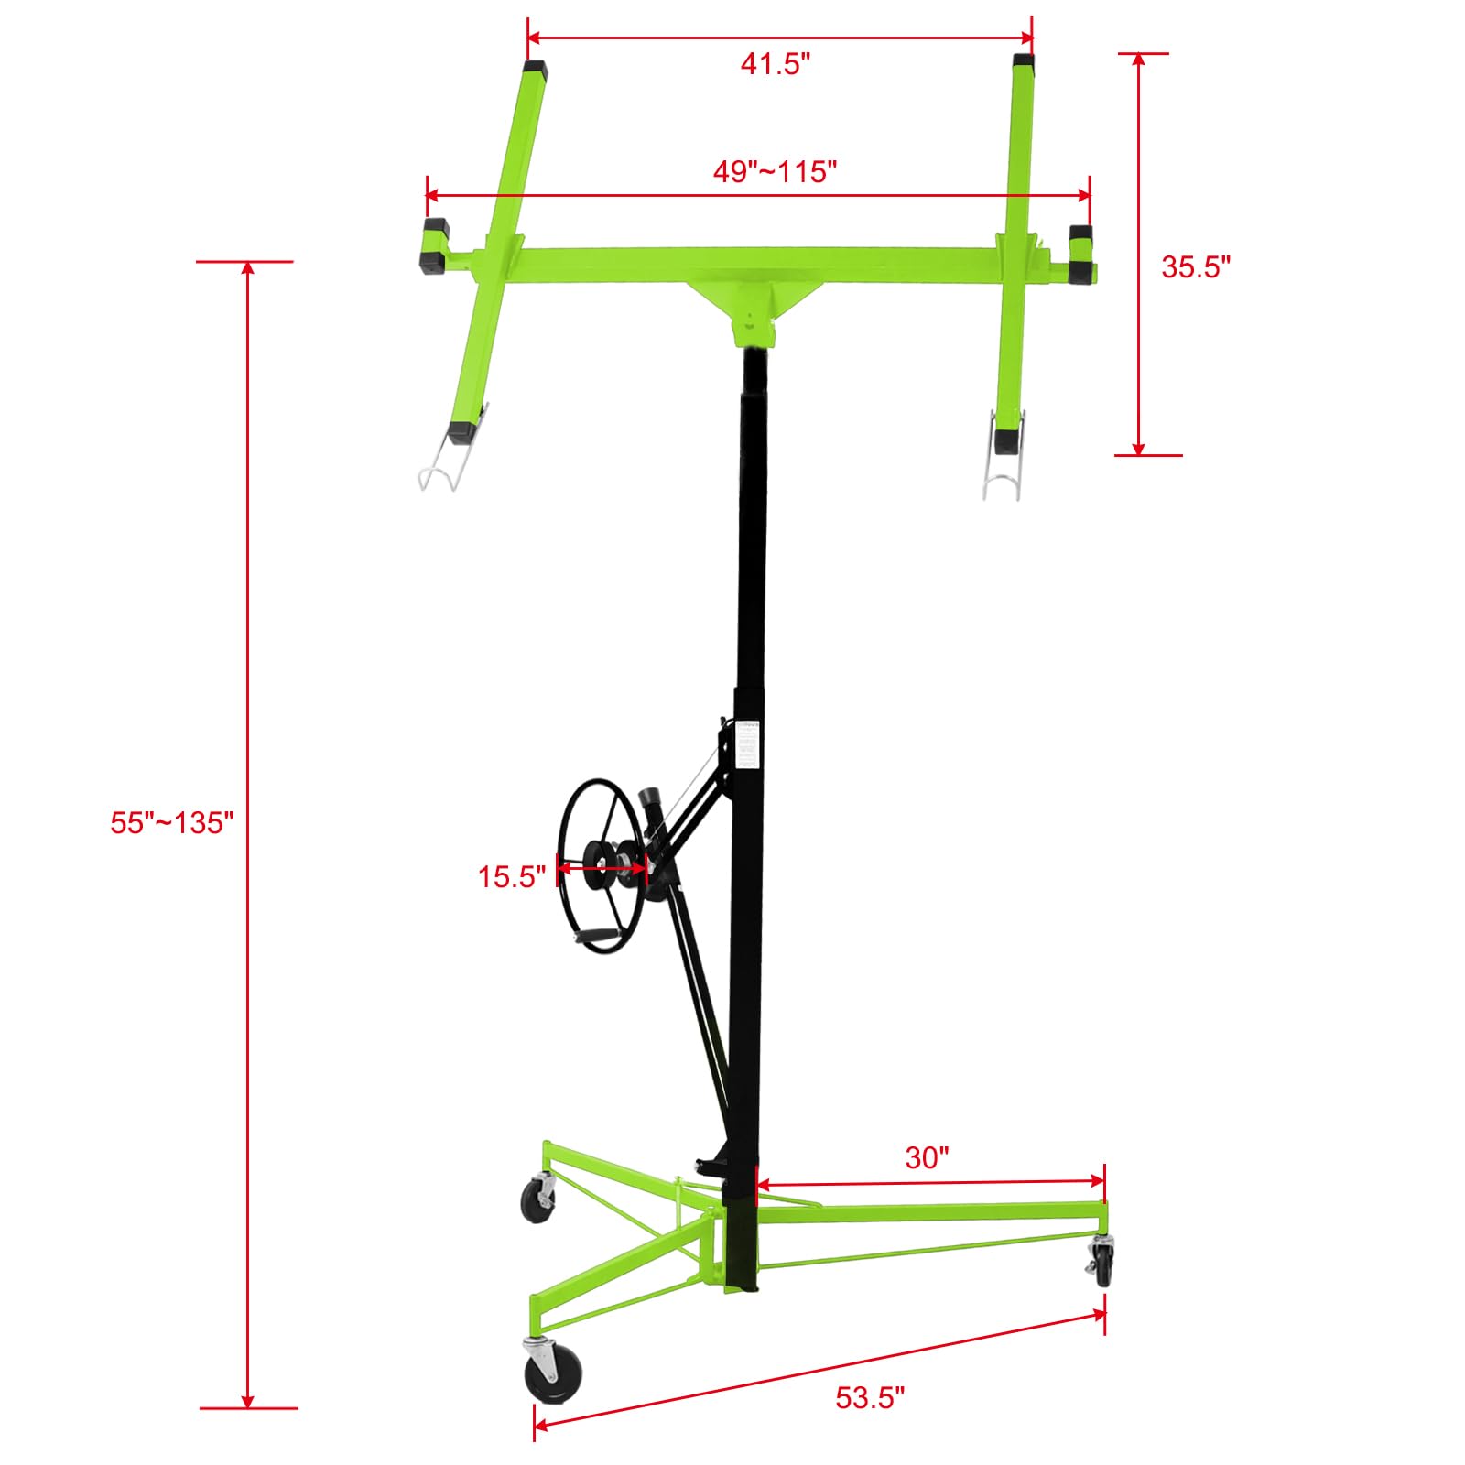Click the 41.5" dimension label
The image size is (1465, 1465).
(776, 64)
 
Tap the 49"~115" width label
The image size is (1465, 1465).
(776, 171)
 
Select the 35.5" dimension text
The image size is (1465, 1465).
(1196, 266)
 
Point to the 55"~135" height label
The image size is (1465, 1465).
(172, 822)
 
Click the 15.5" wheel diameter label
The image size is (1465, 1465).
(512, 876)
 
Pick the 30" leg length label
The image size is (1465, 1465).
(927, 1157)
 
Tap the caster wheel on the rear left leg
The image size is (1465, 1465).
(537, 1200)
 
